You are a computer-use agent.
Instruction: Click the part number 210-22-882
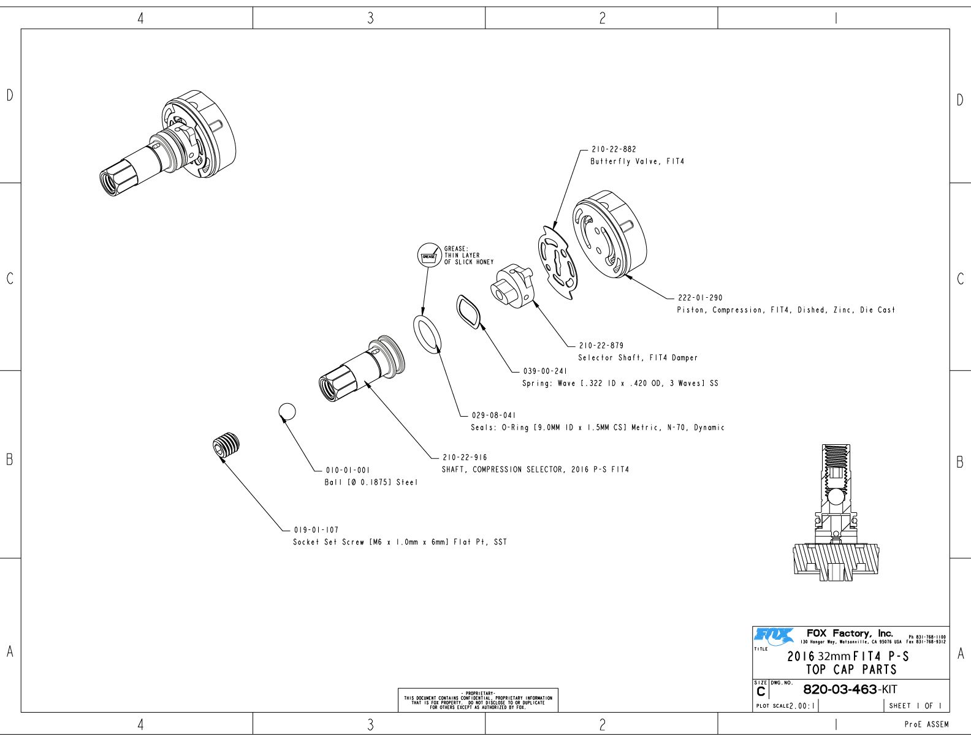click(614, 149)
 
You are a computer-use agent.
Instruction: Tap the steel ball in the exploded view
click(287, 412)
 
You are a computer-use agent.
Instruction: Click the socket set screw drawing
click(227, 445)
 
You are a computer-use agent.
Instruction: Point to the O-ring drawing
click(428, 335)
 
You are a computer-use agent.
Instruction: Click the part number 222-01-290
click(700, 298)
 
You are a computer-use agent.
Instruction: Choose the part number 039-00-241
click(545, 371)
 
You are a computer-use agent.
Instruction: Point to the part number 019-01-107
click(316, 530)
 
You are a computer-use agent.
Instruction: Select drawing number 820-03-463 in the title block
click(840, 689)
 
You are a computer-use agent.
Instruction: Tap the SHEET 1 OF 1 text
click(916, 706)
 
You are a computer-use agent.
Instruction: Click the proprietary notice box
click(478, 700)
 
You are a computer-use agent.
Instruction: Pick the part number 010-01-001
click(347, 471)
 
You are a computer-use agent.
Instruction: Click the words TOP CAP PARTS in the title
click(851, 670)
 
